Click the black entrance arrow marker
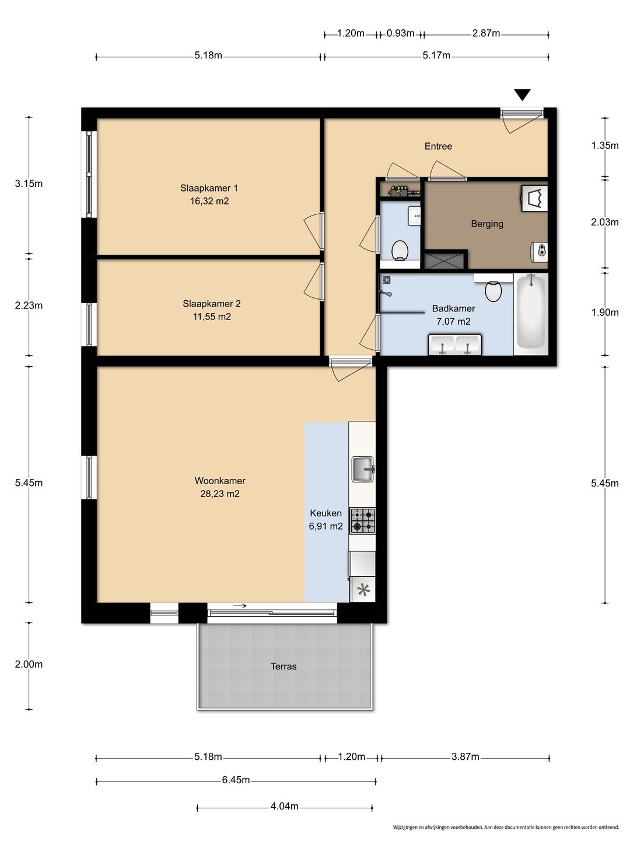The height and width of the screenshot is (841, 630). tap(522, 94)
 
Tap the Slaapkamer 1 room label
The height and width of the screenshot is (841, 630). tap(209, 188)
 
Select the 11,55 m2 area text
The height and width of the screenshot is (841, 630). tap(212, 317)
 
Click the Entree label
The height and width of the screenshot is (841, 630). tap(438, 146)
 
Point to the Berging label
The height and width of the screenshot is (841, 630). tap(487, 223)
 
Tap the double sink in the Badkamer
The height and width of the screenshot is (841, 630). tap(455, 345)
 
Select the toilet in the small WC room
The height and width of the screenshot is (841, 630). tap(400, 251)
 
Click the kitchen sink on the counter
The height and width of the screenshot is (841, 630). tap(363, 468)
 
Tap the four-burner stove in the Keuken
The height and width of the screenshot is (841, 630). tap(363, 521)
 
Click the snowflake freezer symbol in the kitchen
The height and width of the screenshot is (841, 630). tap(363, 590)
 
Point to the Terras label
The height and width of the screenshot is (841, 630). tap(283, 666)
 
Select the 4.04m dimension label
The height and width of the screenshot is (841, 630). tap(284, 806)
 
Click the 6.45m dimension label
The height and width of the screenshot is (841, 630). tap(236, 780)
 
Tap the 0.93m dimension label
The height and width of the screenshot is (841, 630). tap(400, 33)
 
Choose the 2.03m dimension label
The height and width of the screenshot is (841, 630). tap(604, 222)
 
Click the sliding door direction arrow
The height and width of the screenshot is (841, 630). tap(240, 606)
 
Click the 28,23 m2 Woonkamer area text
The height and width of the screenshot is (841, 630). tap(220, 494)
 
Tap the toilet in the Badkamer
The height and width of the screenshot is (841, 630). tap(494, 291)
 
